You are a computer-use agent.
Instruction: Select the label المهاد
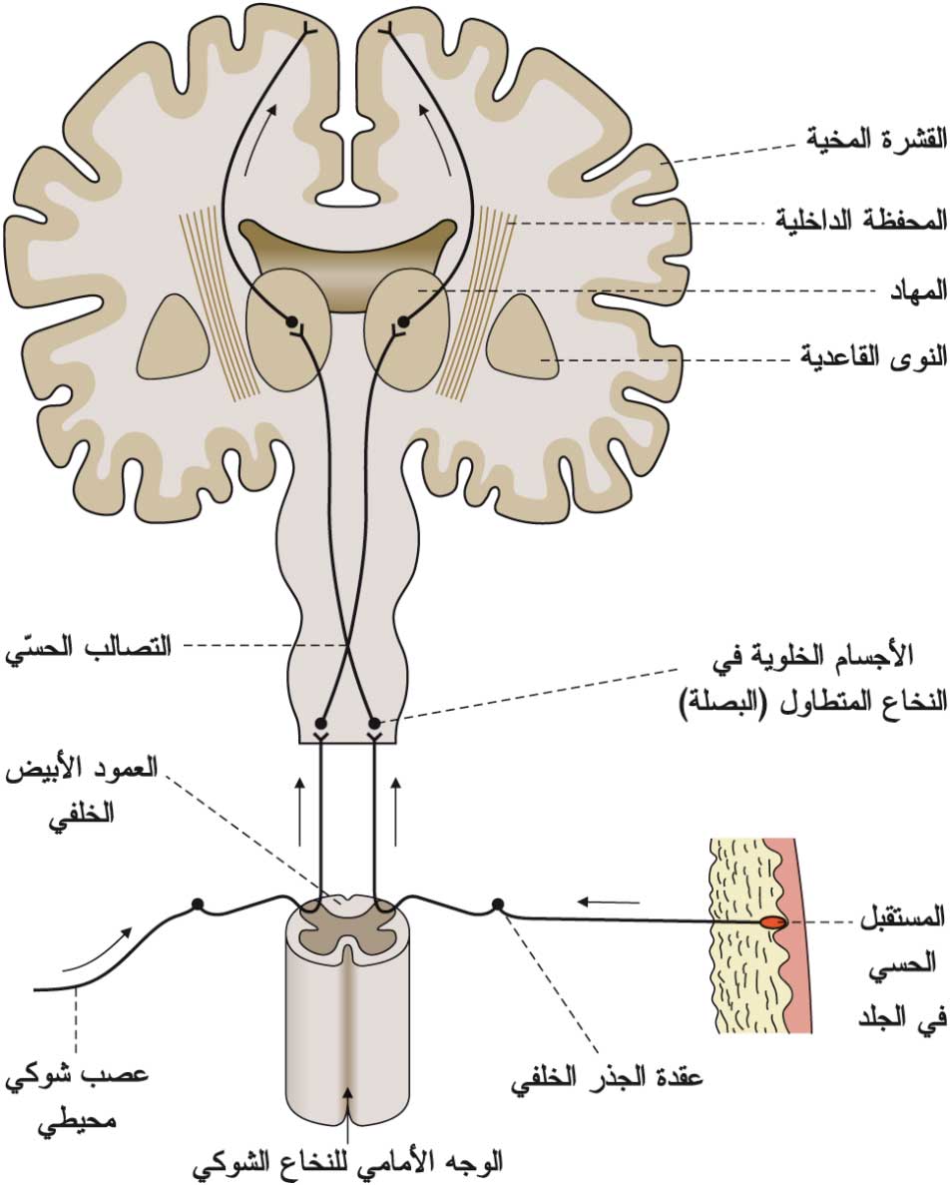919,290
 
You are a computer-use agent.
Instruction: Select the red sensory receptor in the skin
773,922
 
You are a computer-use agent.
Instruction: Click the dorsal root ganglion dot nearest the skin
497,903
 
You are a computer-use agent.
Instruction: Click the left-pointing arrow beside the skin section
608,900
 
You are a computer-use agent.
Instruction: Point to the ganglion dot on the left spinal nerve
198,903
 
